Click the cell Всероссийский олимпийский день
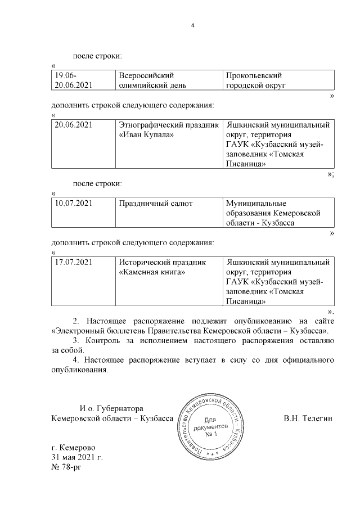(x=151, y=80)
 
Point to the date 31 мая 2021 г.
(x=77, y=457)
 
